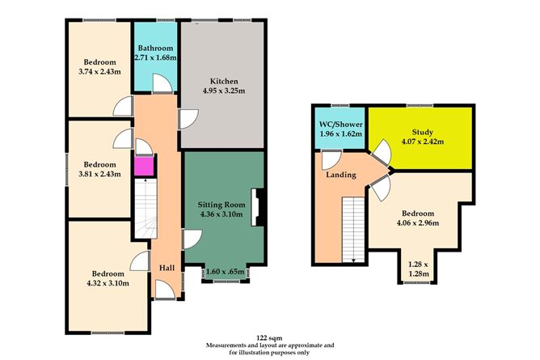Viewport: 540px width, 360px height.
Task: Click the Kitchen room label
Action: tap(223, 82)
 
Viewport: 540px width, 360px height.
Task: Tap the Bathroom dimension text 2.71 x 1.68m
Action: tap(155, 57)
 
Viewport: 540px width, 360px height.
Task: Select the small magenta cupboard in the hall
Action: tap(142, 166)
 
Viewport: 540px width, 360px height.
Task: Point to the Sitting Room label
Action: tap(222, 205)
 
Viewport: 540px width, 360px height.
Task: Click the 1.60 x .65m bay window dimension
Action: tap(225, 273)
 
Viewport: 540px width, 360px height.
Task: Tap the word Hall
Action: tap(167, 268)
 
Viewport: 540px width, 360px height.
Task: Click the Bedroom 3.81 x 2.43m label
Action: tap(99, 167)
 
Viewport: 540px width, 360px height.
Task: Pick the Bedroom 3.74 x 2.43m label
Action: tap(99, 66)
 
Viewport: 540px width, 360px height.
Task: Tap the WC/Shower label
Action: tap(340, 125)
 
